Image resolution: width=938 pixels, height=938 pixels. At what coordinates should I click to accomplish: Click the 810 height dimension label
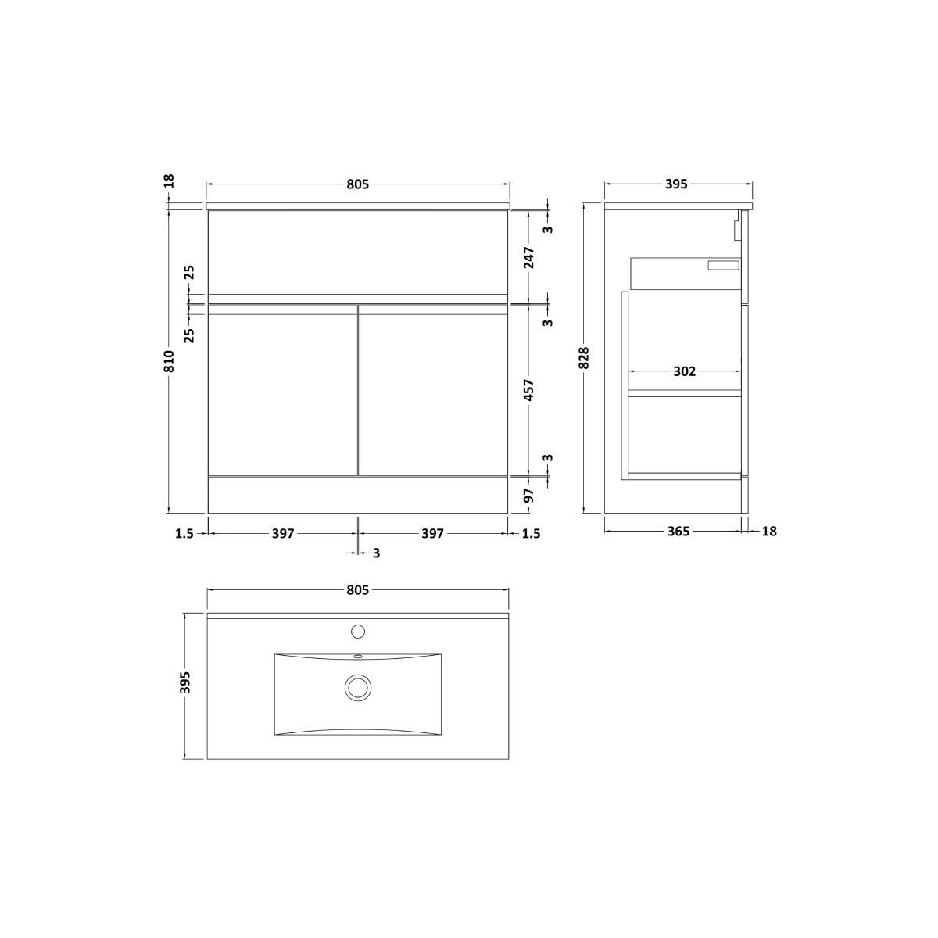[x=170, y=361]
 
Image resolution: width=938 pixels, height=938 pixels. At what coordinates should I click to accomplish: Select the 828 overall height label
[x=585, y=358]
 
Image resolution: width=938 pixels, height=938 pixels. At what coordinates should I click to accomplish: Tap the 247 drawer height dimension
[x=530, y=257]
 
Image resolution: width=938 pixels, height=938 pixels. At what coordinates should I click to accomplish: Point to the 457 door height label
[x=530, y=390]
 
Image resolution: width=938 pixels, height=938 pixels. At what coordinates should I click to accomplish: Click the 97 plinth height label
[x=530, y=495]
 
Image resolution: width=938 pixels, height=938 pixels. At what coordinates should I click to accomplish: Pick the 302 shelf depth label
[x=685, y=371]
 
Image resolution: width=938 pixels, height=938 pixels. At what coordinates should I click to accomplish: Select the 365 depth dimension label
[x=678, y=532]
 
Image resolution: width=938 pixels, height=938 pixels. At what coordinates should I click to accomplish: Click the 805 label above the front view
[x=358, y=184]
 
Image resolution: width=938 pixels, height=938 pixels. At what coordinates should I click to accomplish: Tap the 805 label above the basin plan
[x=358, y=590]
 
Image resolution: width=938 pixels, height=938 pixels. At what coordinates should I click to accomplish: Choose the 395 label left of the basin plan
[x=185, y=682]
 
